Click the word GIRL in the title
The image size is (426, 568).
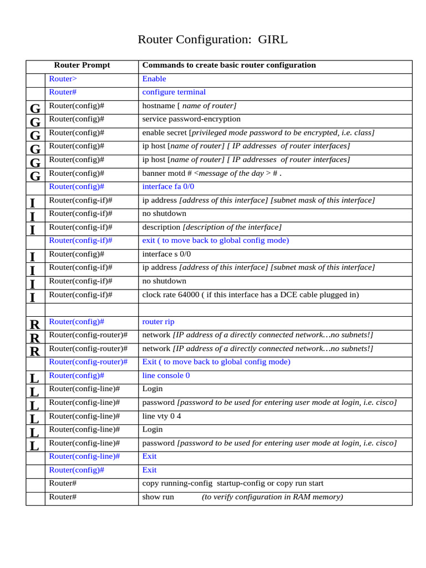273,39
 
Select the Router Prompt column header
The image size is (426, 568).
82,65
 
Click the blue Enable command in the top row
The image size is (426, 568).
154,79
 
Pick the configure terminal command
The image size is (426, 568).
174,92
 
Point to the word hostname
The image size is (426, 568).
159,105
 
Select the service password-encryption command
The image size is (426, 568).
191,119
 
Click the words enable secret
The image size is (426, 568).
165,133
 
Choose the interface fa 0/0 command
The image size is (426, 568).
168,186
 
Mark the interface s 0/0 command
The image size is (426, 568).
166,254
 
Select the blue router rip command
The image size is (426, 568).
158,322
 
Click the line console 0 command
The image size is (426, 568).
166,376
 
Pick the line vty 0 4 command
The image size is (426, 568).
161,416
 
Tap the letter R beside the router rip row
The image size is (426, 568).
35,324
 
